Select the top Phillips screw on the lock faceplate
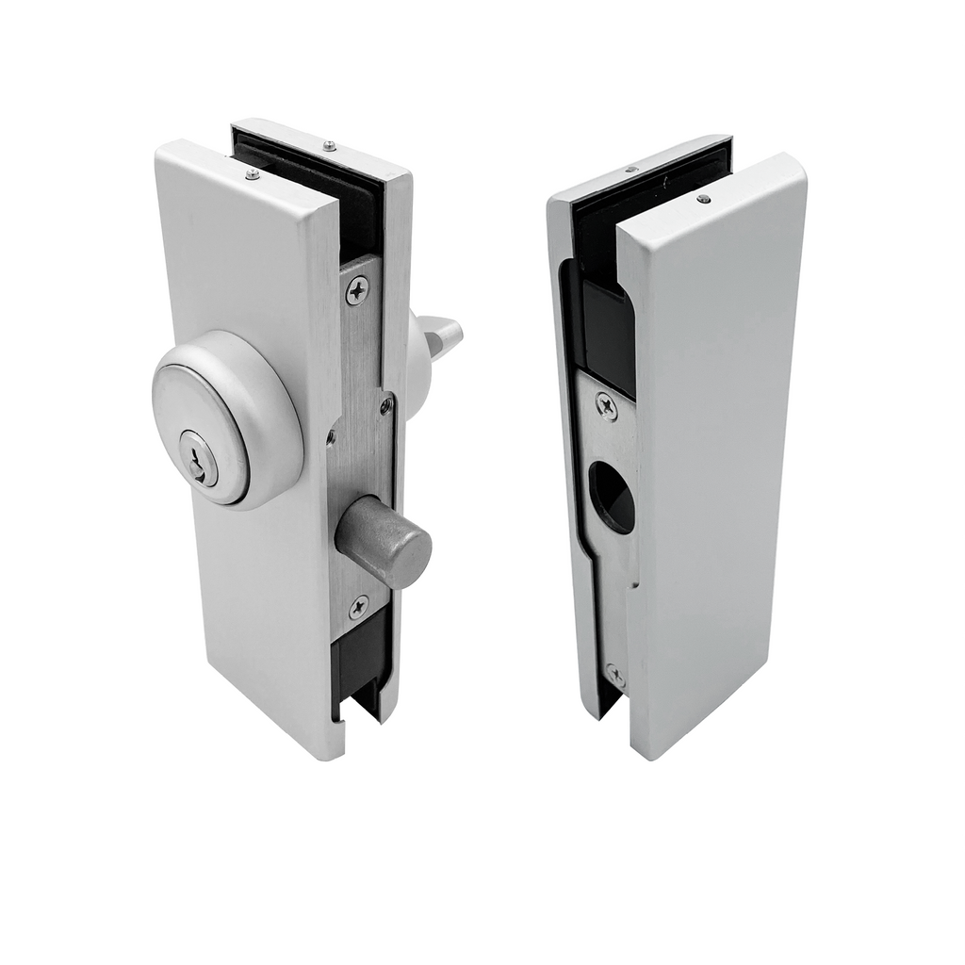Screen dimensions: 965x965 point(357,290)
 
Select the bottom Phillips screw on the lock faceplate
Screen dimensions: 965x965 point(358,607)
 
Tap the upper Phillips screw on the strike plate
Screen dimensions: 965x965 point(606,406)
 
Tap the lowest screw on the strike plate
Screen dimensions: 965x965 point(614,675)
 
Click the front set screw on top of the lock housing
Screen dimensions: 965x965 point(252,173)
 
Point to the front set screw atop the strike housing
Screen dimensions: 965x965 point(703,199)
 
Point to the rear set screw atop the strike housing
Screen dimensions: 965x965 point(630,171)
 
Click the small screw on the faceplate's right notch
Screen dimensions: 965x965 point(386,405)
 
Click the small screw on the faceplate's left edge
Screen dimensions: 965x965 point(330,436)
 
